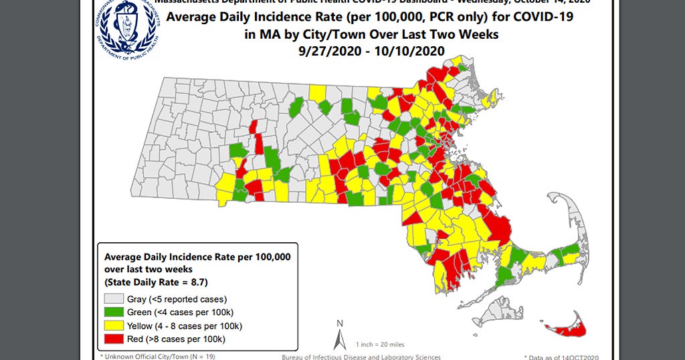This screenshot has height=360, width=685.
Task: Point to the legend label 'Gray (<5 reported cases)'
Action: tap(177, 299)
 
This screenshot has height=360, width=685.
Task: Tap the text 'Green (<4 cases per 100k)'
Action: tap(179, 312)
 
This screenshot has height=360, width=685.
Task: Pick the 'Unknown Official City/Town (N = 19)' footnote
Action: tap(159, 357)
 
